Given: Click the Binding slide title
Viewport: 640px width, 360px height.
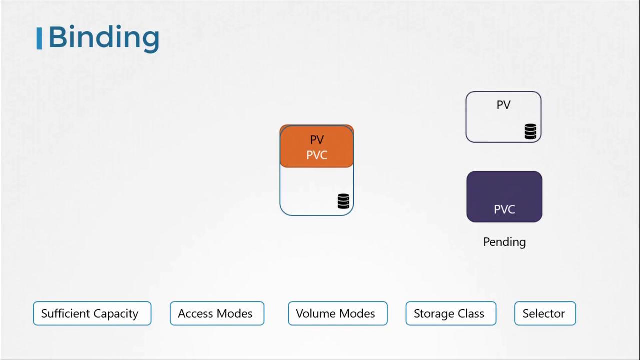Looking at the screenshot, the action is click(x=104, y=38).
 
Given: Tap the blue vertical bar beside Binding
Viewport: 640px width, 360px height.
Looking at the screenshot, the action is click(x=39, y=38).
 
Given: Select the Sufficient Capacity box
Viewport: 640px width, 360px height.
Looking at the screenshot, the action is click(x=92, y=313).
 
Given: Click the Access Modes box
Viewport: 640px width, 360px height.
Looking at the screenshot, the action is click(x=217, y=313).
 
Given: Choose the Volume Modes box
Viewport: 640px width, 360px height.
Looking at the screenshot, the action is click(x=337, y=313).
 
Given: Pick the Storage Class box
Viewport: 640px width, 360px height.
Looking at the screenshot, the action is click(x=451, y=313).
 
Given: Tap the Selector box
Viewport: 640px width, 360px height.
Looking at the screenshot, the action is click(x=545, y=313).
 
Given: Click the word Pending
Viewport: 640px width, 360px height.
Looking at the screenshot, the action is click(x=504, y=242).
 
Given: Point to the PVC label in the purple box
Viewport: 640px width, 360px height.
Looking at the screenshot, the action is click(x=504, y=209).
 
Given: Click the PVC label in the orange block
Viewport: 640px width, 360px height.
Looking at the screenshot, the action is click(x=317, y=155).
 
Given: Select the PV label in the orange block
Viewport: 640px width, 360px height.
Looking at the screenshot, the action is click(x=317, y=140).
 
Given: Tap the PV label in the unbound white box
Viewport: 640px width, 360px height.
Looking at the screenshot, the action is click(x=503, y=105).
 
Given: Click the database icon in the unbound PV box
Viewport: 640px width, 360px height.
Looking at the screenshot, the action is click(x=530, y=131).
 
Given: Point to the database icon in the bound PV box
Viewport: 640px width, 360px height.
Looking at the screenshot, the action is click(x=343, y=201).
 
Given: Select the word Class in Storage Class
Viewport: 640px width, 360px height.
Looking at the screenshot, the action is click(x=471, y=314).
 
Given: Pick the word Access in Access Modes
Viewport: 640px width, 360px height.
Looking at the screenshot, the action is click(x=196, y=314).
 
